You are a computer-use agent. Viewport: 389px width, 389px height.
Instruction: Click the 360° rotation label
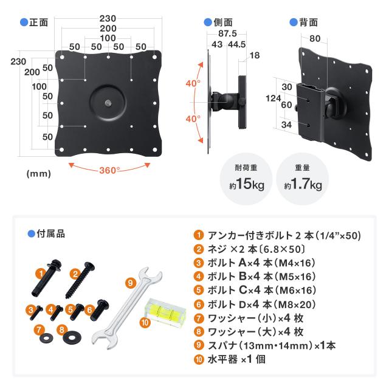click(109, 170)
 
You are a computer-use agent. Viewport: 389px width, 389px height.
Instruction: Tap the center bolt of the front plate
click(108, 103)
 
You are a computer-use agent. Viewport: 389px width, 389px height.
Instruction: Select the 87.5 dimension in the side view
click(227, 33)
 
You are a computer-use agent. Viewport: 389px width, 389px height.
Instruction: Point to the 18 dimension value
click(255, 55)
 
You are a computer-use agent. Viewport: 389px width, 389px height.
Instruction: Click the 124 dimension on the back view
click(273, 98)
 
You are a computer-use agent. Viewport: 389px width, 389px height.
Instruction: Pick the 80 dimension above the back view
click(315, 38)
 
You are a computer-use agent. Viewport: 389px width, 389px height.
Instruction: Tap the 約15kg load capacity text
click(247, 184)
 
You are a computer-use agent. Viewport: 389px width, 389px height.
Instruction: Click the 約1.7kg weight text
click(303, 184)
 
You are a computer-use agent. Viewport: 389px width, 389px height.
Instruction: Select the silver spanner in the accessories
click(127, 308)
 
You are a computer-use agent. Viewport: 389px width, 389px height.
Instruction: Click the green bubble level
click(165, 309)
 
